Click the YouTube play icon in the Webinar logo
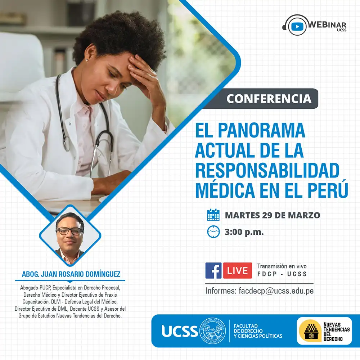297,26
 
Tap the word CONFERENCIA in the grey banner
269,99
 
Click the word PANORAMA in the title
261,130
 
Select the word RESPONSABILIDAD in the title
267,170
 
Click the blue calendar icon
213,215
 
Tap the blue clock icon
213,231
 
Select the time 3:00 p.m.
244,232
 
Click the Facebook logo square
213,270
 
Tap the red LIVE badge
237,270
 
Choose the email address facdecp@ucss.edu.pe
276,291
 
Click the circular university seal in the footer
213,331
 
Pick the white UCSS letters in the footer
180,331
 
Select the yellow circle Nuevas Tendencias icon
310,331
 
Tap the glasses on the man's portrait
69,231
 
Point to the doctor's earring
87,60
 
